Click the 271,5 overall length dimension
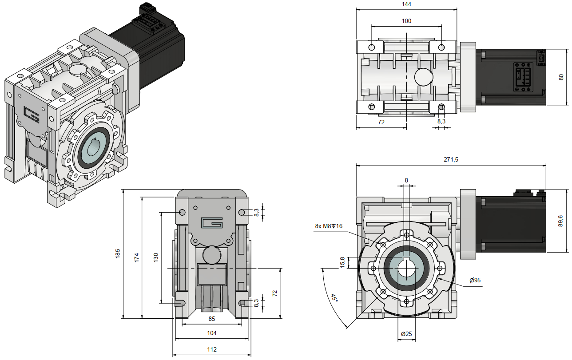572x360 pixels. pos(451,159)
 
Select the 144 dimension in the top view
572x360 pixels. pos(406,4)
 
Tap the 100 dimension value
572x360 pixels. pos(406,21)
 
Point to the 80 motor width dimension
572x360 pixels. pos(561,77)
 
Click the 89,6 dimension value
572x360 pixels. pos(561,221)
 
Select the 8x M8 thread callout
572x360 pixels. pos(329,226)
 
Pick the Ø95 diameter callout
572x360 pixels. pos(475,280)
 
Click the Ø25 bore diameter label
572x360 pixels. pos(406,334)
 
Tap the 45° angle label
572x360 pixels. pos(334,298)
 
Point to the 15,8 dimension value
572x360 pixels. pos(342,262)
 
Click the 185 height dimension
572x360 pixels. pos(118,253)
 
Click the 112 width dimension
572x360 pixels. pos(212,349)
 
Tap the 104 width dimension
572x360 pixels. pos(212,333)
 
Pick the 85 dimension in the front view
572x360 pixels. pos(212,318)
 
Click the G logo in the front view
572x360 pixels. pos(211,222)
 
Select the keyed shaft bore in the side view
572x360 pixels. pos(406,269)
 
